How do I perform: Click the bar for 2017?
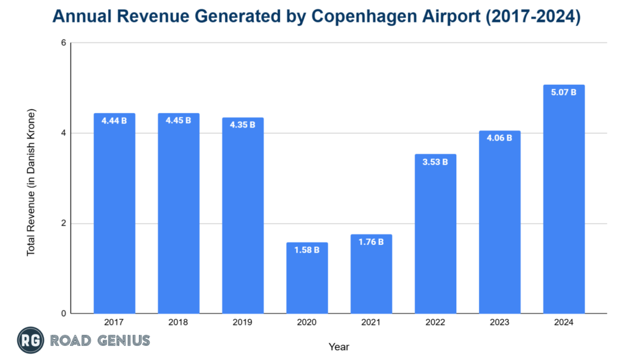click(114, 213)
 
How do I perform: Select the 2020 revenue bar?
click(307, 278)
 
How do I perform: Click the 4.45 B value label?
click(179, 120)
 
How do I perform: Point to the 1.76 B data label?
click(371, 242)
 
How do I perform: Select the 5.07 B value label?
click(564, 92)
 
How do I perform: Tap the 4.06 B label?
click(499, 138)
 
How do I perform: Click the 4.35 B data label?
click(243, 124)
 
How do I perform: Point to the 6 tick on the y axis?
click(62, 43)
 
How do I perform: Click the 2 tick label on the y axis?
click(62, 223)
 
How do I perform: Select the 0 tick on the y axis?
click(62, 314)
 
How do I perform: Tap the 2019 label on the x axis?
click(243, 323)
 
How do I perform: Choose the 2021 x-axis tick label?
click(371, 323)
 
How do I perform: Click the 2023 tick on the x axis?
click(499, 323)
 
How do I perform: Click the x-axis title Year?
click(339, 347)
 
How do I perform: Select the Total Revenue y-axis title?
click(31, 183)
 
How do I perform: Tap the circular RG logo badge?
click(28, 340)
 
